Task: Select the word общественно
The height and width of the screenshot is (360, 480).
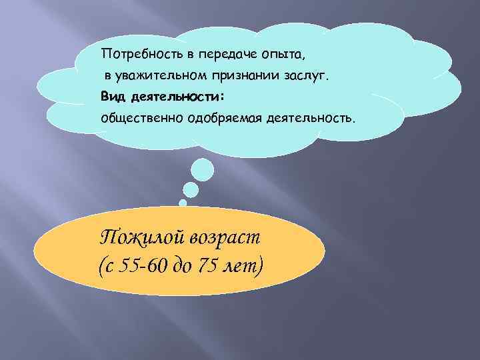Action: click(141, 118)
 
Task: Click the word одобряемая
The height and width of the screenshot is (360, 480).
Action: click(224, 118)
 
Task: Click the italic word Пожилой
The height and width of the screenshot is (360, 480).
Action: click(138, 238)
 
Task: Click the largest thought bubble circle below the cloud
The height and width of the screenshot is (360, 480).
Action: click(202, 169)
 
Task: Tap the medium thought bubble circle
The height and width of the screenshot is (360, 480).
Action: click(191, 190)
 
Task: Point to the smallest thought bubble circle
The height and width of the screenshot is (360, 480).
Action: click(182, 201)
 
